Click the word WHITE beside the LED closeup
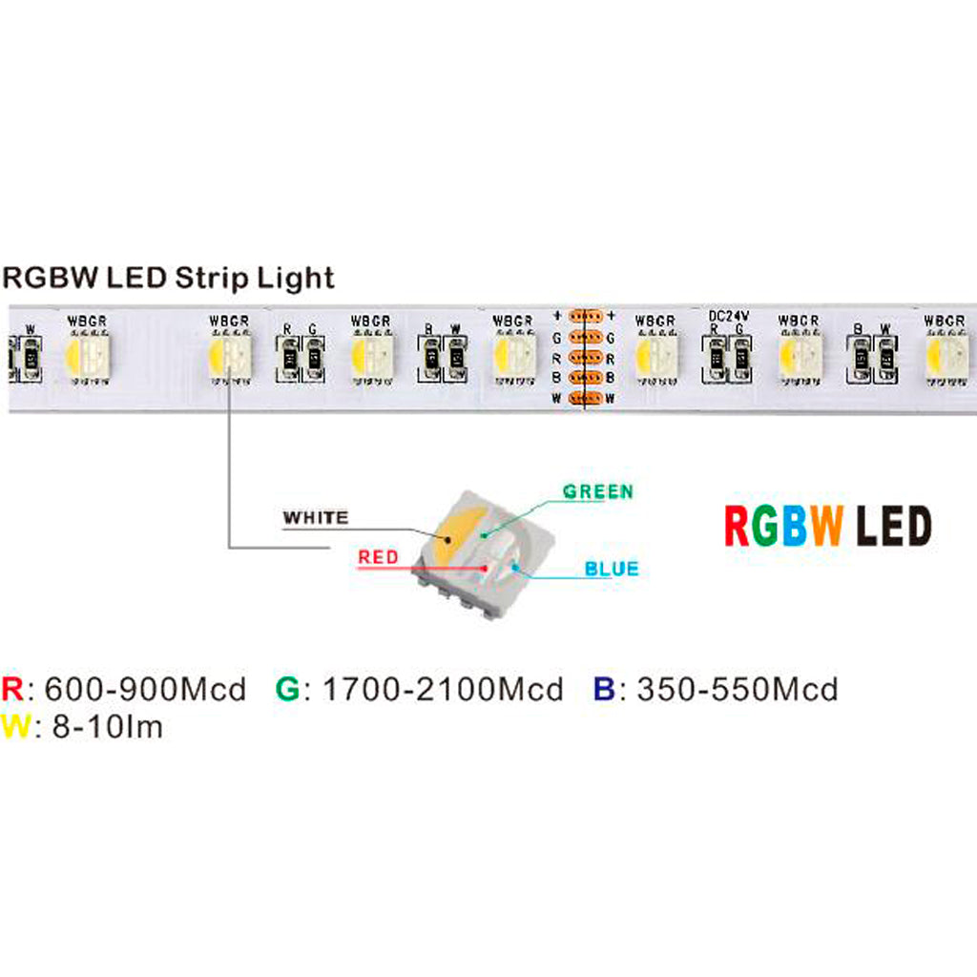[316, 518]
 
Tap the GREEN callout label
[597, 491]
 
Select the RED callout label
[380, 556]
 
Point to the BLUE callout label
[612, 570]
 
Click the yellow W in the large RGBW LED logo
[826, 527]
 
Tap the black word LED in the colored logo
[893, 527]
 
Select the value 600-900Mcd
[145, 689]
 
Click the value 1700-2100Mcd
[443, 689]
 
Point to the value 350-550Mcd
[729, 689]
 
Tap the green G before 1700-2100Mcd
[286, 689]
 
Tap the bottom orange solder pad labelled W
[583, 398]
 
